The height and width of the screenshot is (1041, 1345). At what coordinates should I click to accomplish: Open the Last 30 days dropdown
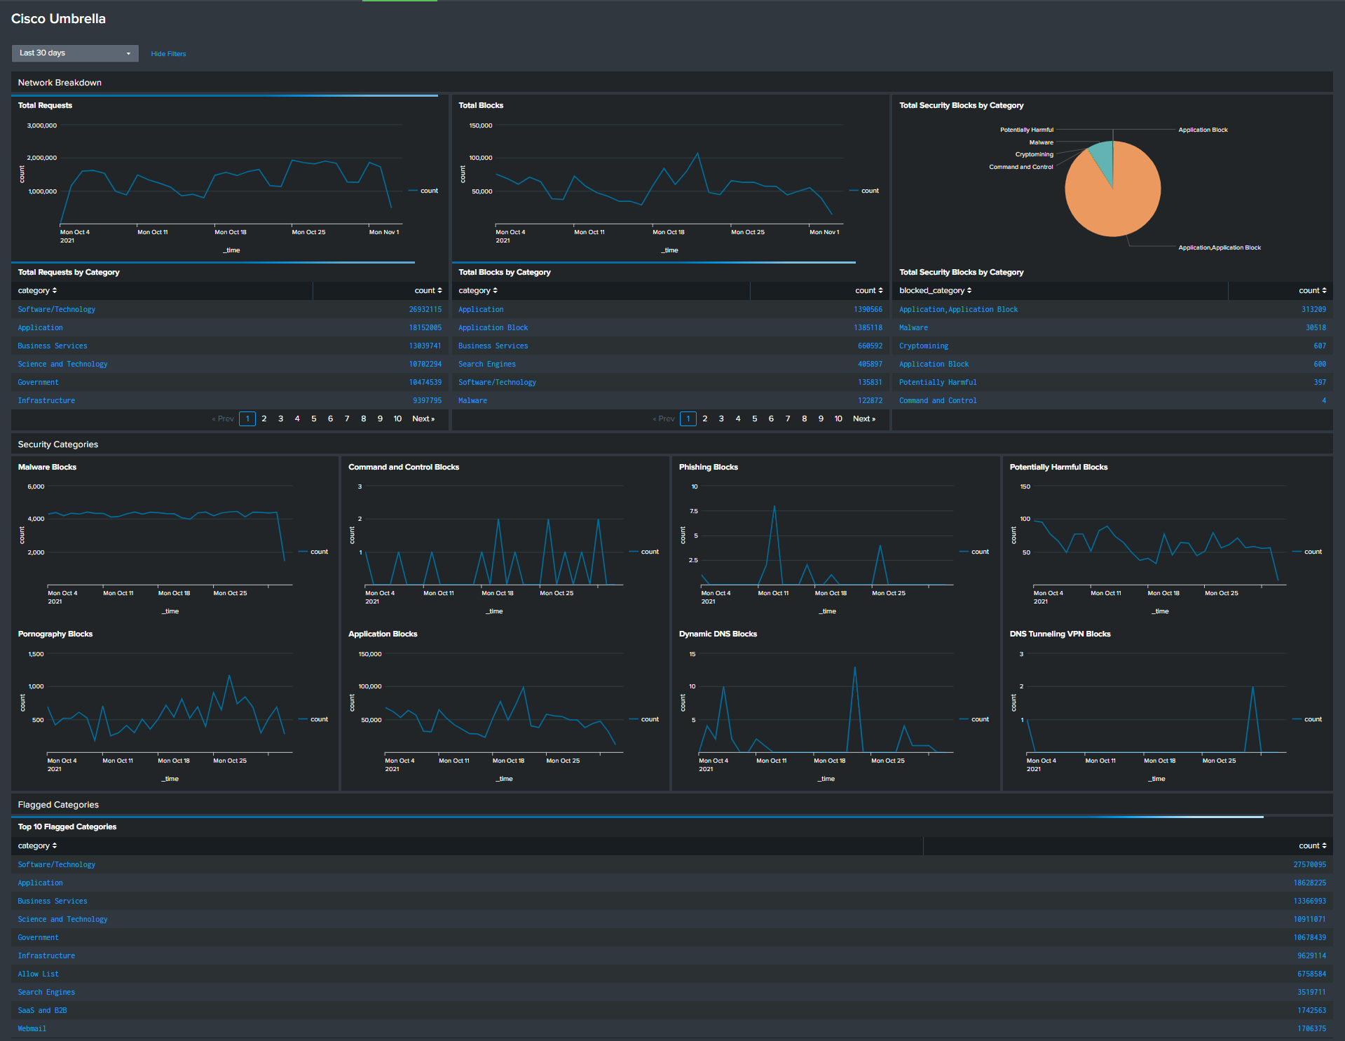(75, 53)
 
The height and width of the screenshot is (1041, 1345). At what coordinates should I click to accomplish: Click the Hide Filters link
(168, 54)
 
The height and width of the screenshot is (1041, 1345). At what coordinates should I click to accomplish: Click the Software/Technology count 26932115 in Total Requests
(425, 309)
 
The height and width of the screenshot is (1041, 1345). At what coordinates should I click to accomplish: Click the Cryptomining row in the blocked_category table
(923, 346)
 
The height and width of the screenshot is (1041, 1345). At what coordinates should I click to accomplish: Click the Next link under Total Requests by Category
(423, 419)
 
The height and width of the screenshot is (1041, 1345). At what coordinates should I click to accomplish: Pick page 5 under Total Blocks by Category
(754, 419)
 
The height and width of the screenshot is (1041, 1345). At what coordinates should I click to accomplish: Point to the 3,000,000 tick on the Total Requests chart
(42, 125)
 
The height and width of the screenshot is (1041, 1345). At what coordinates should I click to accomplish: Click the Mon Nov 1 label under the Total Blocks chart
(824, 232)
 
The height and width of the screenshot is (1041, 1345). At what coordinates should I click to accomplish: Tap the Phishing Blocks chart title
(708, 467)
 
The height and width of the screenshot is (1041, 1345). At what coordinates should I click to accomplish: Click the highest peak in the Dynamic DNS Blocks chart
(854, 667)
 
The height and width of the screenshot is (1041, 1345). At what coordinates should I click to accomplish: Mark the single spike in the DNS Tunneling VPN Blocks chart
(1252, 687)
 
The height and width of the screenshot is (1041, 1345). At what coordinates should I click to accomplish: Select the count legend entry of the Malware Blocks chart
(319, 552)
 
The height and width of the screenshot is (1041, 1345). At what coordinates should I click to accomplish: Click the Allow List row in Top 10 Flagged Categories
(39, 974)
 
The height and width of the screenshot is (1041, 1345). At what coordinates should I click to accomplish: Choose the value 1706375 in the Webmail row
(1311, 1028)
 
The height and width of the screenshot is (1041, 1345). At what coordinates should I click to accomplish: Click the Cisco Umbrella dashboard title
(58, 19)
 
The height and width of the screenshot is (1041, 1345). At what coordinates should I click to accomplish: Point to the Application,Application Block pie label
(1219, 247)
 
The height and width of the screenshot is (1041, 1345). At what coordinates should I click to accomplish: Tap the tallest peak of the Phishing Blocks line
(774, 506)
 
